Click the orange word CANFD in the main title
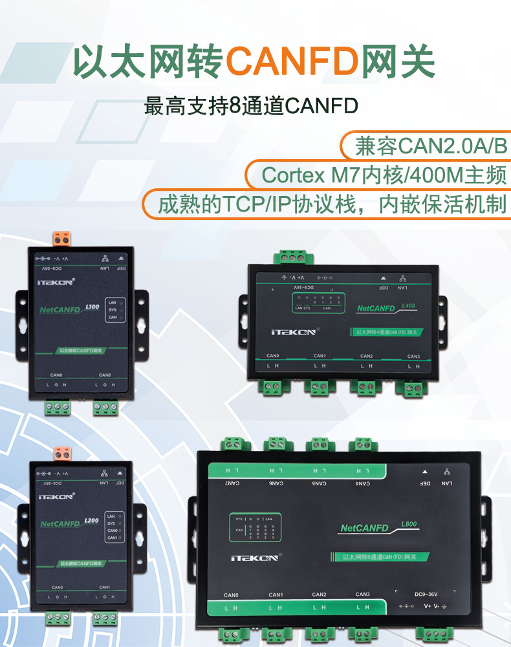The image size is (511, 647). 292,60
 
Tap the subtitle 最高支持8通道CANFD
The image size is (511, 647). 251,105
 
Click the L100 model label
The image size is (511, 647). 92,307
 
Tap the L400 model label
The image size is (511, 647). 408,305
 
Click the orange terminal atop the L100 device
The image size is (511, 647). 62,239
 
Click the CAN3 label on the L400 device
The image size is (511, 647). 413,356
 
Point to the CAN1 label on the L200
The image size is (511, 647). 107,587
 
